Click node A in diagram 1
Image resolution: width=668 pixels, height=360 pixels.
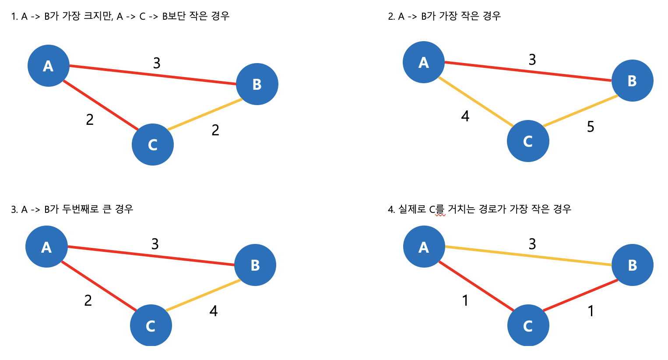click(x=49, y=66)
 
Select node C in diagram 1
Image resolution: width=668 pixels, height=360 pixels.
click(x=153, y=145)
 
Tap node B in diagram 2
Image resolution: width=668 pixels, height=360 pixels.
click(x=632, y=81)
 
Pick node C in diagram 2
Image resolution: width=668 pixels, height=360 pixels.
click(x=528, y=141)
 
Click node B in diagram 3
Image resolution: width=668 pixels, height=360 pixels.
click(x=255, y=265)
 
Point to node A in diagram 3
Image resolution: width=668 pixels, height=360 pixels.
click(x=46, y=247)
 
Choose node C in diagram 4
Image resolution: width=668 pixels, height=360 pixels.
click(x=528, y=325)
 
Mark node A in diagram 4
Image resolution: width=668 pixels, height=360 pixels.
click(x=424, y=247)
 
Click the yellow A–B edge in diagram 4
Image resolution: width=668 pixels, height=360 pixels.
click(x=528, y=256)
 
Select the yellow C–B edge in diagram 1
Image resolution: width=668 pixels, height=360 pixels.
click(x=205, y=115)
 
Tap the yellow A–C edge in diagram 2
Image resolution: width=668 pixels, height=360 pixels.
click(x=476, y=102)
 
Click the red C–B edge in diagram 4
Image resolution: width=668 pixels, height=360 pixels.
click(x=580, y=295)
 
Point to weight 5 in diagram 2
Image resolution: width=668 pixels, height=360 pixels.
click(x=591, y=127)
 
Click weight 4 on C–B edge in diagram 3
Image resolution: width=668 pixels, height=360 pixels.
click(x=213, y=311)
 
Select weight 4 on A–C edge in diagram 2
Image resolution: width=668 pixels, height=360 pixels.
click(x=465, y=116)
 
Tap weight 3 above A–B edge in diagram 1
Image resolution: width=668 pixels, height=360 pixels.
click(x=157, y=64)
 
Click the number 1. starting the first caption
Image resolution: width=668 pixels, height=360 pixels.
click(x=14, y=17)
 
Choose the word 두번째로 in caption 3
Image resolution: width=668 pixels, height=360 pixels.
click(x=80, y=209)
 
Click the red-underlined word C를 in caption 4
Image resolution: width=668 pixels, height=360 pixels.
click(x=436, y=209)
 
